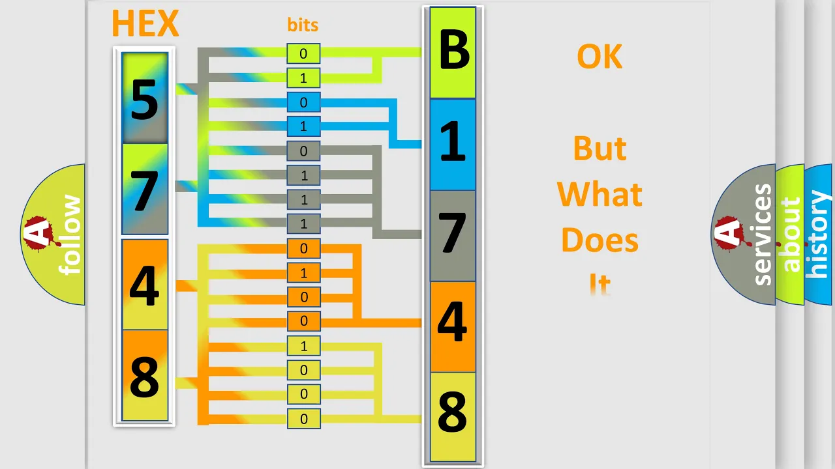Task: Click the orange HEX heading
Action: (145, 23)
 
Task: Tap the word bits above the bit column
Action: (303, 25)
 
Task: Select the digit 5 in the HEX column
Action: (145, 100)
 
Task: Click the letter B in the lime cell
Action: (453, 50)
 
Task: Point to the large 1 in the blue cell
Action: (453, 142)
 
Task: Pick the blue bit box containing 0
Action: (303, 102)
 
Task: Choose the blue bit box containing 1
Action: (303, 126)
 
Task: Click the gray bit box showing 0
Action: (303, 150)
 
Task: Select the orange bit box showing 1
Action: (303, 273)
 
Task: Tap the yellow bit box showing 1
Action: (303, 346)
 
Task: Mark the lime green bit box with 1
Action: (303, 78)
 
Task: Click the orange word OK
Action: (600, 57)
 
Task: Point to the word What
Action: (600, 194)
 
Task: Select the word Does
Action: (600, 240)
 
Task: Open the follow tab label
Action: (70, 235)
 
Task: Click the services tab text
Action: (763, 234)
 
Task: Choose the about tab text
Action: (791, 234)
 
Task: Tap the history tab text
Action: (818, 234)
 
